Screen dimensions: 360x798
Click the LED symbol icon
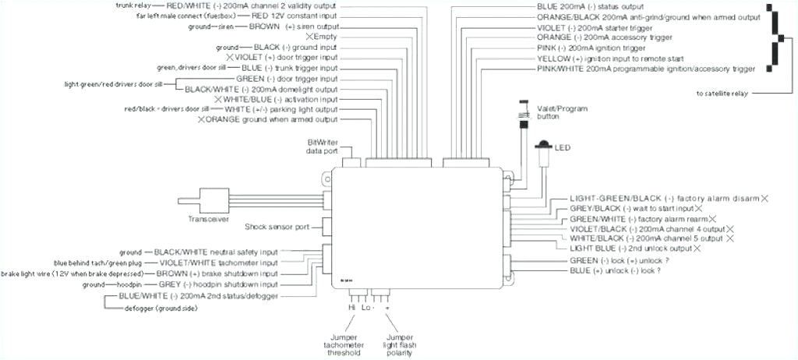tap(542, 146)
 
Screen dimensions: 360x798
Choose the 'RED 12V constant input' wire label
tap(294, 15)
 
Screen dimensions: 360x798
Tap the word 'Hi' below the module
tap(352, 309)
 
